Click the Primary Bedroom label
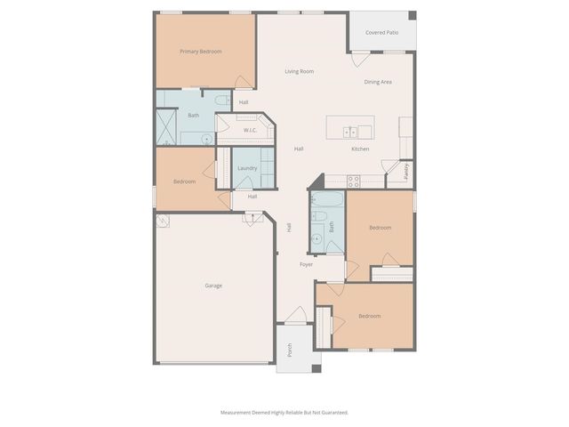click(x=201, y=52)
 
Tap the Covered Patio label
click(x=381, y=32)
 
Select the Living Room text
click(x=300, y=71)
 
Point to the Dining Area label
click(x=378, y=82)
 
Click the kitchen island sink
click(x=348, y=132)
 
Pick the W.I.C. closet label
click(x=250, y=131)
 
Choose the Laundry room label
click(x=247, y=168)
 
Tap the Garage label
click(x=213, y=286)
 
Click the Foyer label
click(x=306, y=264)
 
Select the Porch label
click(x=289, y=351)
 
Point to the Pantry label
click(x=405, y=170)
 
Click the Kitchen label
click(x=360, y=149)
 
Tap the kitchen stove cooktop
click(x=353, y=181)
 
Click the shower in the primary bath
click(x=167, y=126)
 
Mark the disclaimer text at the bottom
click(x=284, y=412)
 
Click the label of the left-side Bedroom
click(x=184, y=181)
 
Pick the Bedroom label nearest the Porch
click(x=369, y=316)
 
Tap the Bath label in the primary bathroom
click(x=193, y=115)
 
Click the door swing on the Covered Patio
click(x=359, y=59)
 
